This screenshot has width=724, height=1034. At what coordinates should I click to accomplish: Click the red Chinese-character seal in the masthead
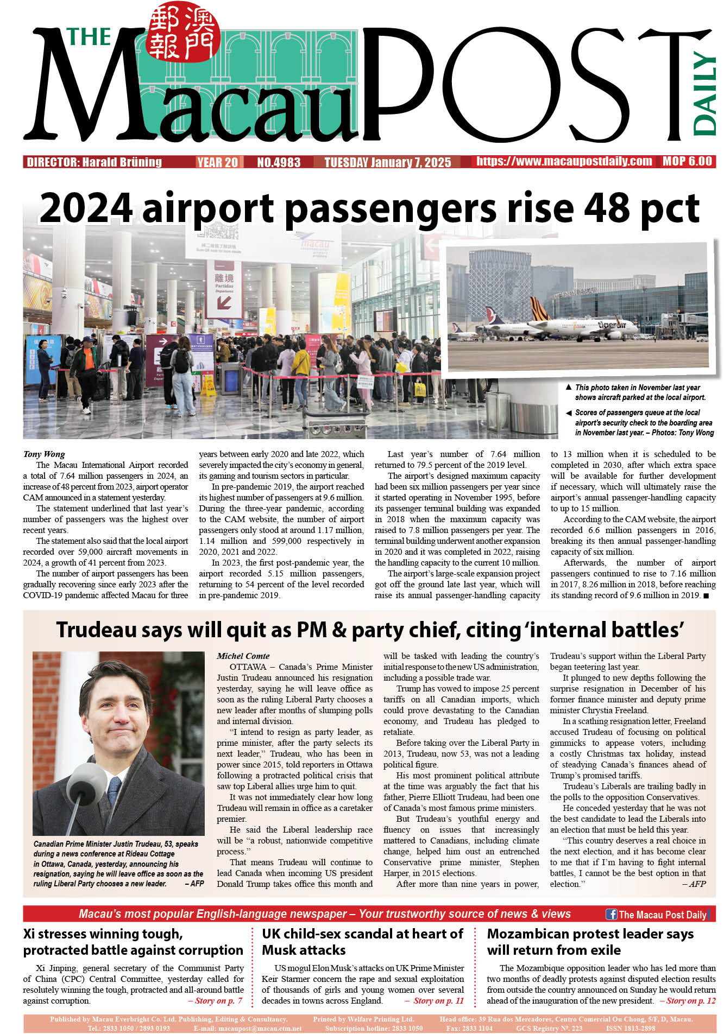[x=182, y=31]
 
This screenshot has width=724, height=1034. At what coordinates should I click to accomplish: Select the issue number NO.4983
[x=278, y=162]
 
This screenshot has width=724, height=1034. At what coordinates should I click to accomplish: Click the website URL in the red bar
[x=564, y=161]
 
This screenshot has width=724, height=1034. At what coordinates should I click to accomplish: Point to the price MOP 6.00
[x=687, y=161]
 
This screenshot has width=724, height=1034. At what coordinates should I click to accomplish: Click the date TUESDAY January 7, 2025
[x=387, y=162]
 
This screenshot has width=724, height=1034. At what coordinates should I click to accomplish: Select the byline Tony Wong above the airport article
[x=44, y=454]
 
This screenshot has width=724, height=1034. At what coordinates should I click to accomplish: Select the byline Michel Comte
[x=243, y=656]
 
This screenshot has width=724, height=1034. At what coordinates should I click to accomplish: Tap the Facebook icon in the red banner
[x=611, y=914]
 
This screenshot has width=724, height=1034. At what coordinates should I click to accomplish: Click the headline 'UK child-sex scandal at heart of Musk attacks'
[x=362, y=942]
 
